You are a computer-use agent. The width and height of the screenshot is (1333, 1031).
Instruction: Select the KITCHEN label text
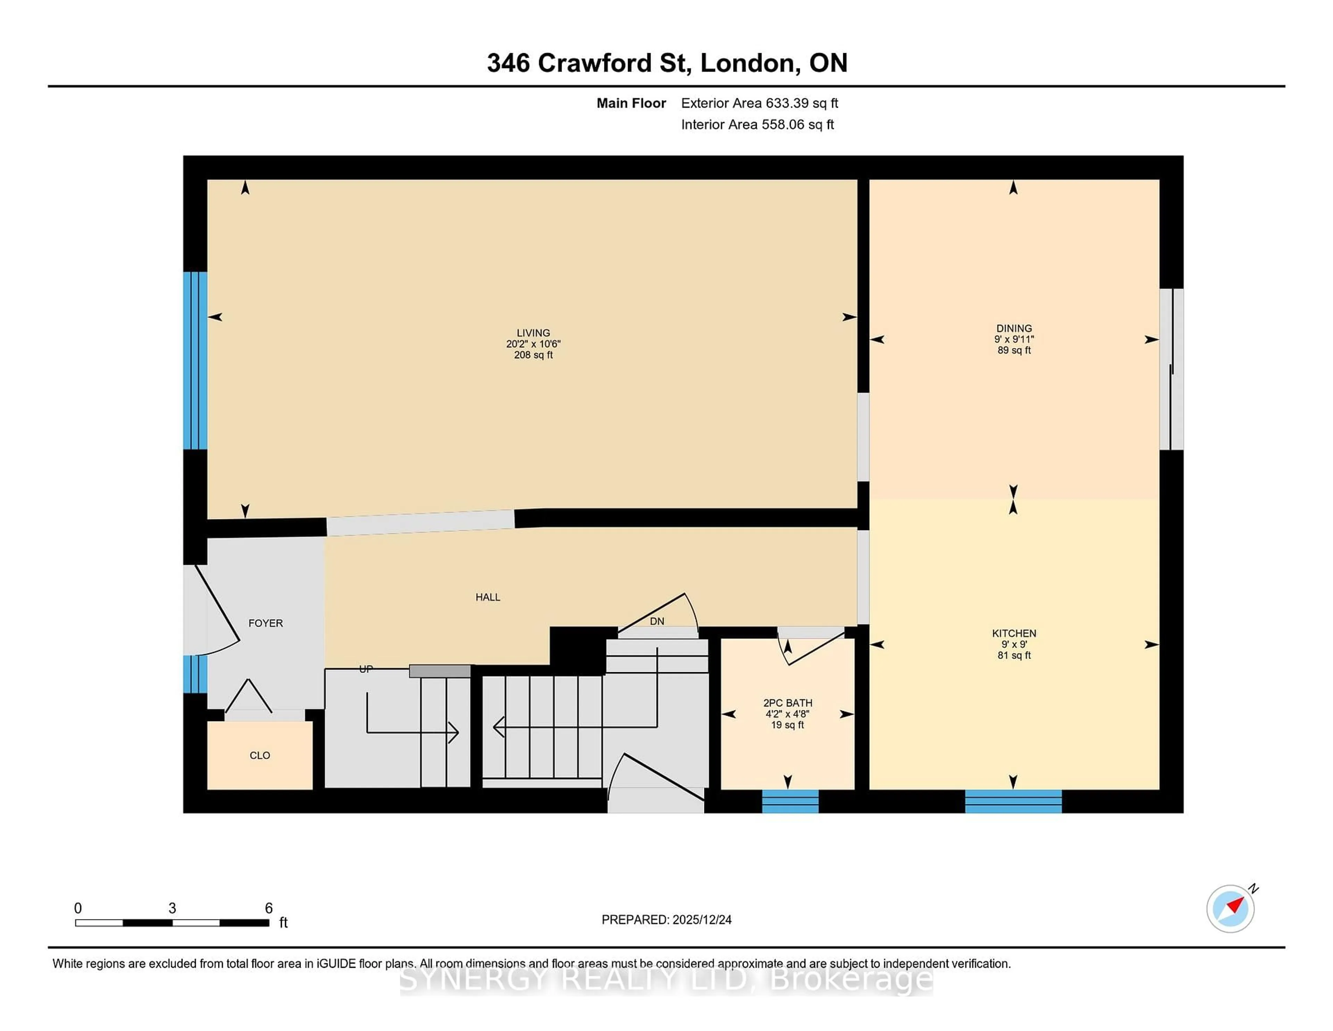[1014, 633]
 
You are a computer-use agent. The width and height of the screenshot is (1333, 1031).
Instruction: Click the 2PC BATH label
[787, 703]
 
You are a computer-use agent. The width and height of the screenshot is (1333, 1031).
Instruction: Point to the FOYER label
[266, 623]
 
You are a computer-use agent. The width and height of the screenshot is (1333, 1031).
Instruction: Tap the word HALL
[488, 597]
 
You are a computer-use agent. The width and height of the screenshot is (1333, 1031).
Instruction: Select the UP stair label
[366, 669]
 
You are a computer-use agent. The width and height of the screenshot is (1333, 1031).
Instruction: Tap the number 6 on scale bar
[269, 908]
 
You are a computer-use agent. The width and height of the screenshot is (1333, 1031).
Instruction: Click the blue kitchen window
[1013, 801]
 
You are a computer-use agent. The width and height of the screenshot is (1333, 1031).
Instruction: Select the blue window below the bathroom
[790, 801]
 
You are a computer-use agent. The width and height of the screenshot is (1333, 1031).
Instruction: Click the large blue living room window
[195, 360]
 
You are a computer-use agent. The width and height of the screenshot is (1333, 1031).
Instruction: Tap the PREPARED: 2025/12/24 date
[666, 920]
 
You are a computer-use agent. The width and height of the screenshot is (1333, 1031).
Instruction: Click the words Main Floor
[631, 103]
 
